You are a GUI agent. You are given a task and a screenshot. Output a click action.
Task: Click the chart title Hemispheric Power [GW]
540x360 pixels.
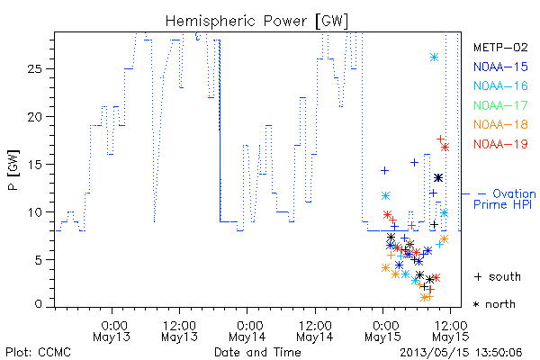coord(256,22)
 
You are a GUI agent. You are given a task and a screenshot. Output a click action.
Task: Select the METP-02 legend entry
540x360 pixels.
coord(500,47)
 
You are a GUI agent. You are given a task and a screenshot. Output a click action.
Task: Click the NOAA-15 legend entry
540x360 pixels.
coord(500,67)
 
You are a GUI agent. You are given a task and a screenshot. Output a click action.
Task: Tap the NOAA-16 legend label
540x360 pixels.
coord(500,85)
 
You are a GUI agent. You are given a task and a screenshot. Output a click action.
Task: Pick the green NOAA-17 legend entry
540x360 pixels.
coord(500,105)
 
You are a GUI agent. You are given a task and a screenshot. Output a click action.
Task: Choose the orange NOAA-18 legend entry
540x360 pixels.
coord(500,124)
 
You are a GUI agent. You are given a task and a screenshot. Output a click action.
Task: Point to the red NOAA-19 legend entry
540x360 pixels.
coord(500,144)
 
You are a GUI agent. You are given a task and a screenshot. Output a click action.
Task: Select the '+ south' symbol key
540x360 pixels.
coord(498,276)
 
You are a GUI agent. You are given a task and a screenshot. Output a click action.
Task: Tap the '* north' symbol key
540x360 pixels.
coord(494,304)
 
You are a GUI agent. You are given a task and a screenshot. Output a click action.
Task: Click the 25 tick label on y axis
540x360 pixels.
coord(34,69)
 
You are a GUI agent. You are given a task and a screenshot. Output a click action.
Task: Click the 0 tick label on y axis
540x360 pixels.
coord(38,304)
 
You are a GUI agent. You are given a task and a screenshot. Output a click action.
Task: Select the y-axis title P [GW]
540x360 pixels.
coord(14,170)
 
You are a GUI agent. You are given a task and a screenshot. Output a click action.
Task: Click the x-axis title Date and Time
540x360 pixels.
coord(257,352)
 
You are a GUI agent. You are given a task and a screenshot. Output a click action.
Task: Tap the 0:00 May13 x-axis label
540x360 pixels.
coord(112,331)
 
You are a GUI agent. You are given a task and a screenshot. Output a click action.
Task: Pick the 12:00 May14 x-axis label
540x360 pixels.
coord(316,331)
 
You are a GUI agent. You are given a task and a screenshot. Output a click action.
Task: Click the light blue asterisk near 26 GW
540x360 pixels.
coord(435,58)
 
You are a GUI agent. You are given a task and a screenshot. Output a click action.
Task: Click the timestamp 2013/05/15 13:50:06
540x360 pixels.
coord(461,353)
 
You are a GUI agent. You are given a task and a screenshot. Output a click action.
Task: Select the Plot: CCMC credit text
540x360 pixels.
coord(38,353)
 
